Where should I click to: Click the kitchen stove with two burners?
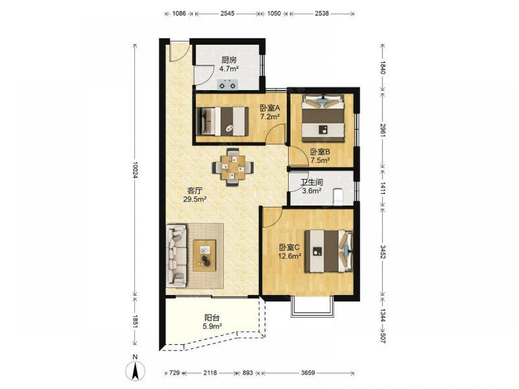coord(227,85)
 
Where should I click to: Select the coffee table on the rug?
coord(204,255)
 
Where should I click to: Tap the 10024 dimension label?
coord(135,170)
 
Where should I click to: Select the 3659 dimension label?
coord(308,373)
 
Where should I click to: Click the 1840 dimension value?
coord(383,67)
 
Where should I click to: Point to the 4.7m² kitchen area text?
coord(229,69)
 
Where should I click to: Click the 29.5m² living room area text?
coord(195,199)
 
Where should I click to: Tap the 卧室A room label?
coord(270,108)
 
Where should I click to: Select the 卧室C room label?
coord(289,247)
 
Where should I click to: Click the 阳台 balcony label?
coord(212,318)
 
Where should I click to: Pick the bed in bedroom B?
coord(323,118)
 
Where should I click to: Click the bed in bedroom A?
coord(223,121)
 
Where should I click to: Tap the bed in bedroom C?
coord(329,251)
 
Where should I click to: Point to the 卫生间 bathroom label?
coord(311,182)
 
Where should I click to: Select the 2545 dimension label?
coord(227,13)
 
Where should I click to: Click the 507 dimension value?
coord(383,338)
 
